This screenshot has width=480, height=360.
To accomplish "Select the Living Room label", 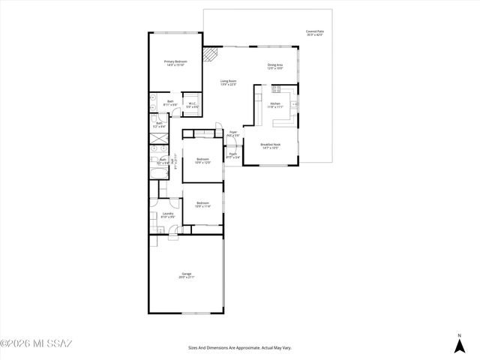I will click(228, 82).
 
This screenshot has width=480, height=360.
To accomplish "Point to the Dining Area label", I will click(275, 66).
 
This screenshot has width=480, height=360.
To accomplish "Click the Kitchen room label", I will click(275, 105).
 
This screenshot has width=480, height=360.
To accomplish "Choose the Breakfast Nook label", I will click(271, 145).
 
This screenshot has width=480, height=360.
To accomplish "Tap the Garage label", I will click(186, 276).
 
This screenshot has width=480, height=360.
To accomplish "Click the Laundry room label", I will click(168, 215).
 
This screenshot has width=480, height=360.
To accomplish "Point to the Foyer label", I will click(233, 133).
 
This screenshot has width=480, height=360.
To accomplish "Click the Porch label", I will click(233, 156).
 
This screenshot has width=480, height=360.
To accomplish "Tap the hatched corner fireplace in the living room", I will click(213, 55).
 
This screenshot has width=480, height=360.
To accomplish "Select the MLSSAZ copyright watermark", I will click(36, 344).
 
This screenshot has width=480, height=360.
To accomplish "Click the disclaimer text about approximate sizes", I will click(239, 348).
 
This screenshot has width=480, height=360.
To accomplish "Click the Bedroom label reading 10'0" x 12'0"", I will click(202, 160).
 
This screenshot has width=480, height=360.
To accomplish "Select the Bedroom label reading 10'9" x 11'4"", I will click(202, 204).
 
